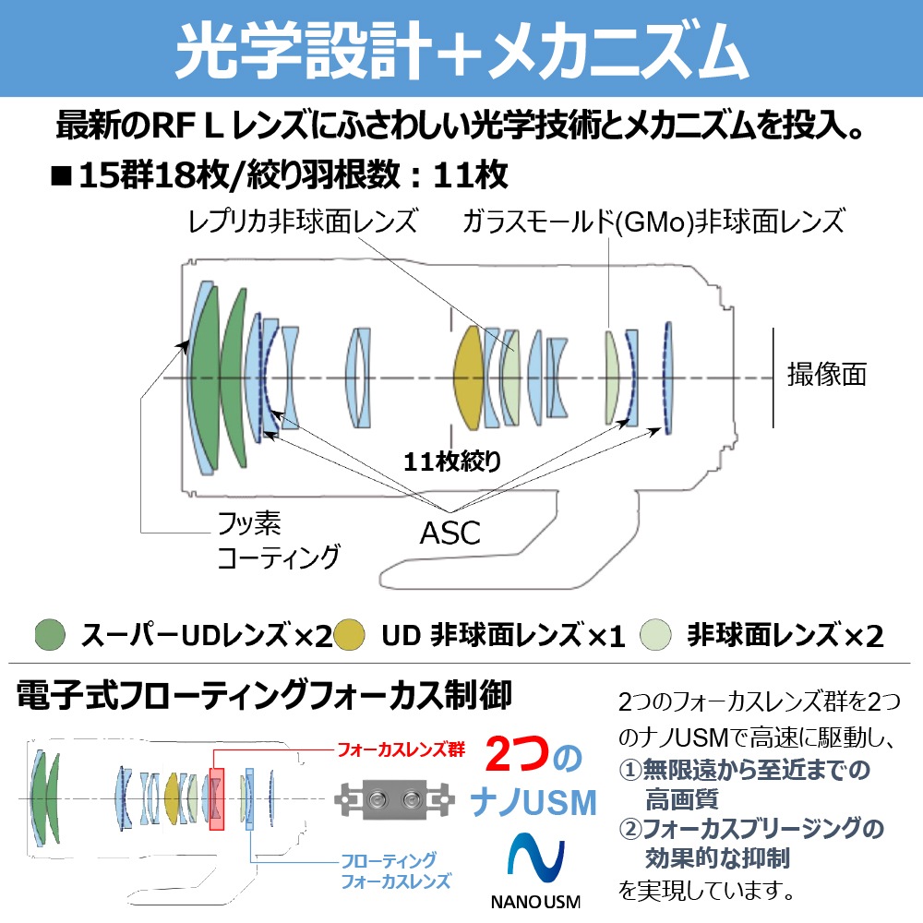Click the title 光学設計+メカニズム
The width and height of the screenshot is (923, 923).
point(461,52)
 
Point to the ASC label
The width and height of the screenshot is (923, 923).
point(450,533)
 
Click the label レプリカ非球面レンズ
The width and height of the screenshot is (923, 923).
point(303,222)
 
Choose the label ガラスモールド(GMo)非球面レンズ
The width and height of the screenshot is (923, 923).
point(653,222)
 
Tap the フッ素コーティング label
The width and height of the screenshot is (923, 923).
point(277,542)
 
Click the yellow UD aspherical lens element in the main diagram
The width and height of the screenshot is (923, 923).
point(470,377)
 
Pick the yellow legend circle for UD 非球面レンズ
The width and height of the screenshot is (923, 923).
point(351,634)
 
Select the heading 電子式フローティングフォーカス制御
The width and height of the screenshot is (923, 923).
point(264,696)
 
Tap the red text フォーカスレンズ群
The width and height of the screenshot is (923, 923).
point(401,749)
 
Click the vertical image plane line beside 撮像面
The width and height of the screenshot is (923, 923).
point(773,377)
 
